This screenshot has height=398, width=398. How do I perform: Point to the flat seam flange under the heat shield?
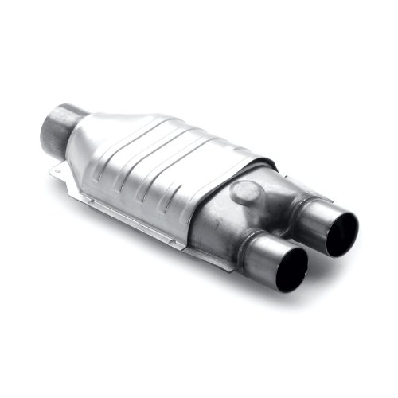click(143, 223)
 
